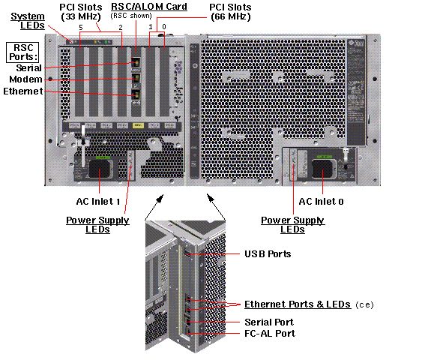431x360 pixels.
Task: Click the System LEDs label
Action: pos(28,21)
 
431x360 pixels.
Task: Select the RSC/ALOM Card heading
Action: pos(149,7)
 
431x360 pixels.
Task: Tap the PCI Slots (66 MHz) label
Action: pos(231,12)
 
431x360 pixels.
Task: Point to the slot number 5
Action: pos(81,28)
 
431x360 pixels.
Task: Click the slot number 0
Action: pos(164,27)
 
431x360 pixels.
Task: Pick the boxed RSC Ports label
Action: pos(22,52)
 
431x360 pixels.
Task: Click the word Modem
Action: pos(25,79)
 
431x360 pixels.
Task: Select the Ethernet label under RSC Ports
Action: pos(23,91)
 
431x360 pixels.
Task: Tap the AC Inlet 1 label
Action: pos(98,202)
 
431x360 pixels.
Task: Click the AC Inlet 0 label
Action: pos(321,202)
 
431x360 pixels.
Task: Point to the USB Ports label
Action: pos(268,253)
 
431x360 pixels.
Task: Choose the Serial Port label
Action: pos(269,322)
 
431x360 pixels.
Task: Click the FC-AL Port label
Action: pos(270,334)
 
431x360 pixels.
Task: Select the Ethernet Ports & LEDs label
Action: pos(298,304)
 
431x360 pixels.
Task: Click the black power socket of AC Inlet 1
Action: pos(99,168)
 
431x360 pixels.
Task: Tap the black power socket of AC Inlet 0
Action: pos(322,169)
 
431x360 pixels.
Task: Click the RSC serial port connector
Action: pos(136,63)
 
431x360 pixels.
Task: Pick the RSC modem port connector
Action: pos(136,79)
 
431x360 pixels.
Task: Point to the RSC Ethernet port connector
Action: pos(136,95)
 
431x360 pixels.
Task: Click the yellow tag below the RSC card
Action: pos(138,125)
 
